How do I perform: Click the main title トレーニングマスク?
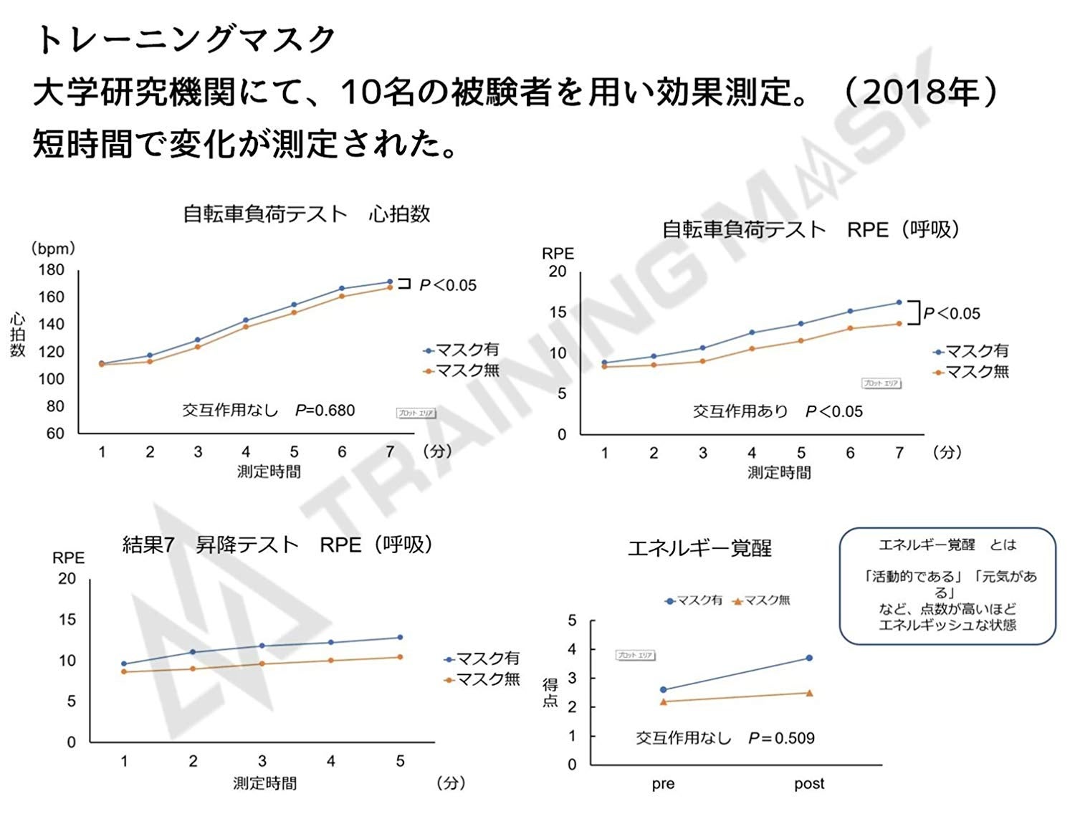click(185, 40)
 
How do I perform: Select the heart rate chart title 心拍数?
click(399, 214)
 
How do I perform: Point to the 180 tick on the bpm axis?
click(51, 270)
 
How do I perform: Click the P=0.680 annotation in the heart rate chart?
click(325, 411)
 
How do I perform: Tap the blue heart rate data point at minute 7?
click(390, 282)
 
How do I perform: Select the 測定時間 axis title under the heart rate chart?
click(269, 471)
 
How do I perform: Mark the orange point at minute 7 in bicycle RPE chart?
click(899, 323)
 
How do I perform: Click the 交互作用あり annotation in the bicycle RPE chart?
click(740, 411)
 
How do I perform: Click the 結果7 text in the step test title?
click(148, 545)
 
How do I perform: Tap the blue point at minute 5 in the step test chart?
click(400, 637)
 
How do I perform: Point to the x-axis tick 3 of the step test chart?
click(262, 761)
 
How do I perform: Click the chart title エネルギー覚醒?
click(699, 549)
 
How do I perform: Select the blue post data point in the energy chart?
click(809, 658)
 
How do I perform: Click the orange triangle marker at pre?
click(663, 702)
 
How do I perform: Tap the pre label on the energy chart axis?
click(663, 784)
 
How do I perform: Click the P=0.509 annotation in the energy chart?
click(781, 738)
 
